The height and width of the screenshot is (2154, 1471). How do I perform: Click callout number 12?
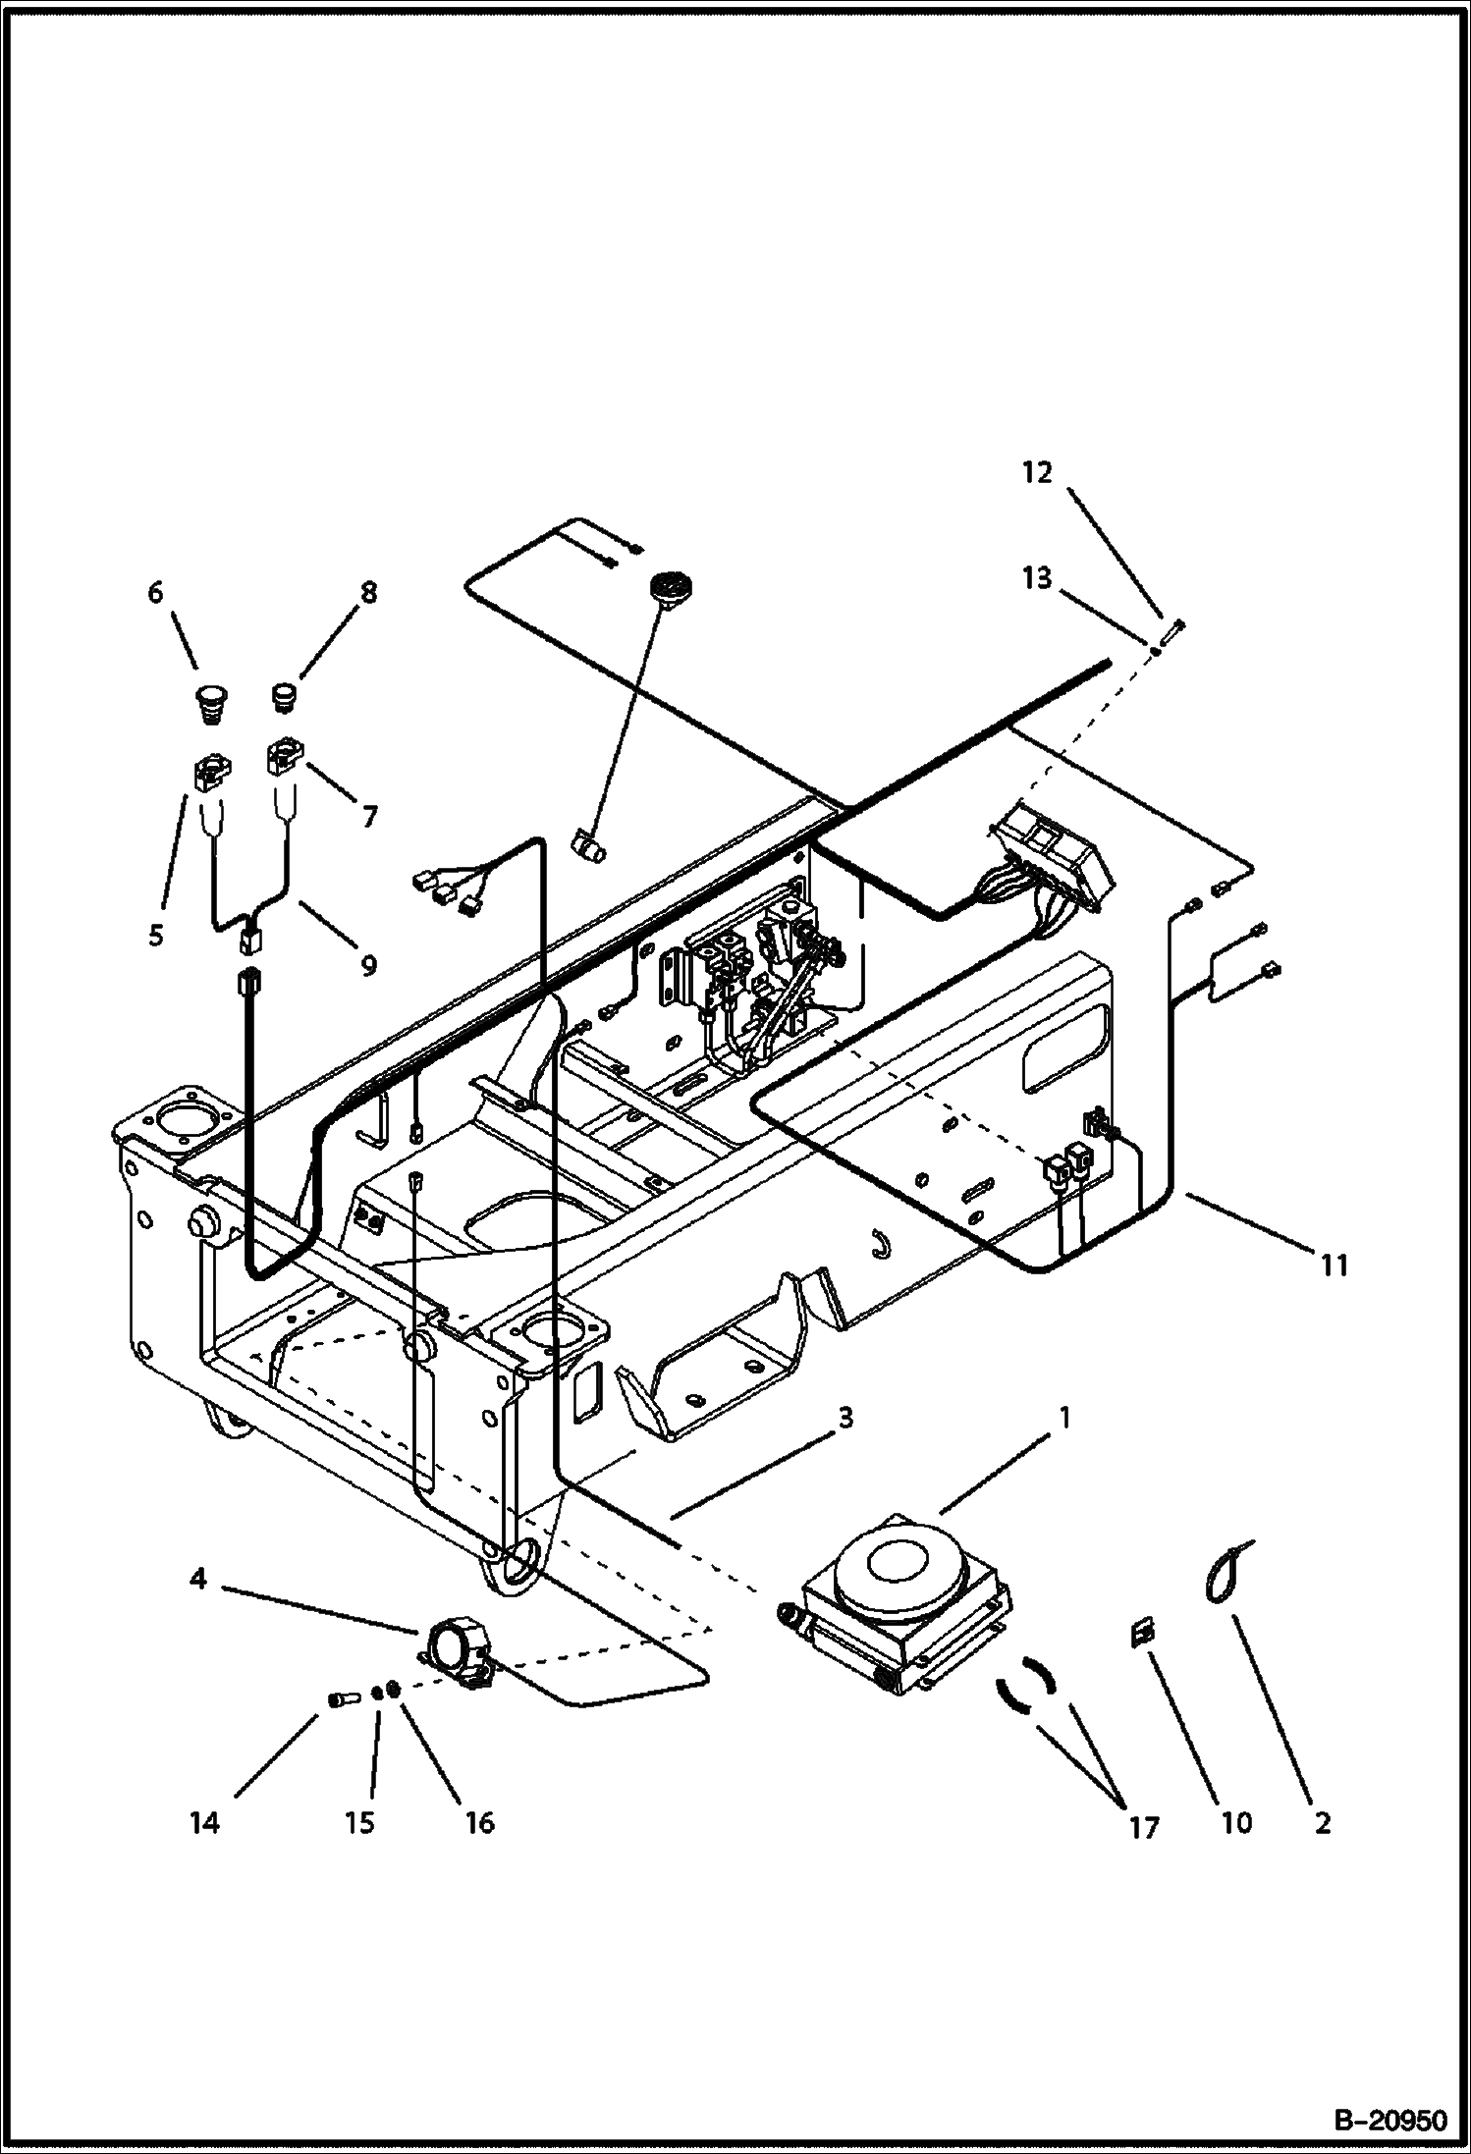1037,473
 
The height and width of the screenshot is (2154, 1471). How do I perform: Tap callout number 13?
1037,578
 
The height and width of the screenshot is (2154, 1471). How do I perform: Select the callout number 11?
1334,1266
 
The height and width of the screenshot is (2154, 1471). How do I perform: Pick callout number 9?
368,965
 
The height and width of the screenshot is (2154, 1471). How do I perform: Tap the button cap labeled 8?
285,698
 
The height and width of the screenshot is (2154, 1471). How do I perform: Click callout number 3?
844,1418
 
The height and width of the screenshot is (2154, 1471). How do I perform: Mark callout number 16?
478,1823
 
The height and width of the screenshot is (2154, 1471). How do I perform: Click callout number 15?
359,1823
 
